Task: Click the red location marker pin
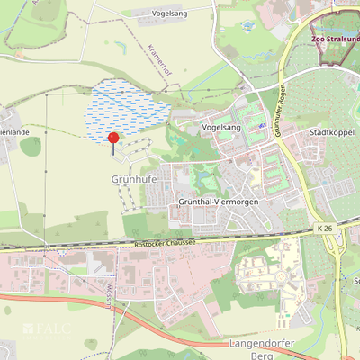pyautogui.click(x=112, y=139)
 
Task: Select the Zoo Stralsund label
pyautogui.click(x=334, y=40)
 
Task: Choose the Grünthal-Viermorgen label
pyautogui.click(x=219, y=202)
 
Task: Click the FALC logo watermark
pyautogui.click(x=46, y=328)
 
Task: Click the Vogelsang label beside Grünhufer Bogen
pyautogui.click(x=222, y=129)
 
